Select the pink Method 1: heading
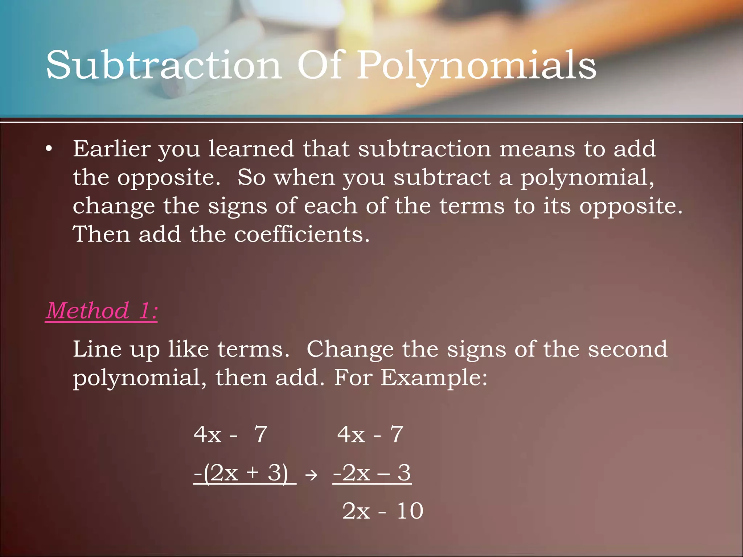pos(102,311)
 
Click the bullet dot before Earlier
pos(49,149)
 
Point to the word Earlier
pos(112,149)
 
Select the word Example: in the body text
pos(434,378)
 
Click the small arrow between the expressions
pos(311,475)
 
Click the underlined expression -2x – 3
pos(372,473)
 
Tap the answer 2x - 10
pos(383,511)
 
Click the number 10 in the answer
pos(410,511)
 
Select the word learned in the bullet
pos(251,149)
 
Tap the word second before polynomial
pos(627,349)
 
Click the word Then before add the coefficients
pos(101,234)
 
